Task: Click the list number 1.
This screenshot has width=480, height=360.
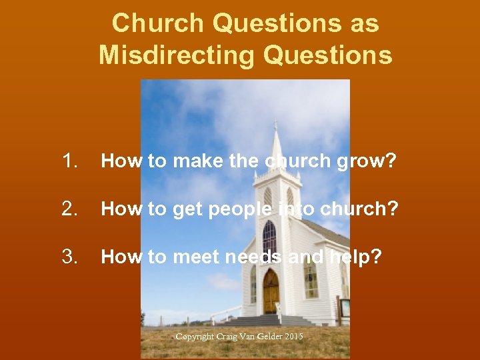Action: coord(69,161)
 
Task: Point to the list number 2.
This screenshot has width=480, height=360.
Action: coord(69,209)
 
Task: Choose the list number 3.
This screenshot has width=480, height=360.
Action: coord(69,257)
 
